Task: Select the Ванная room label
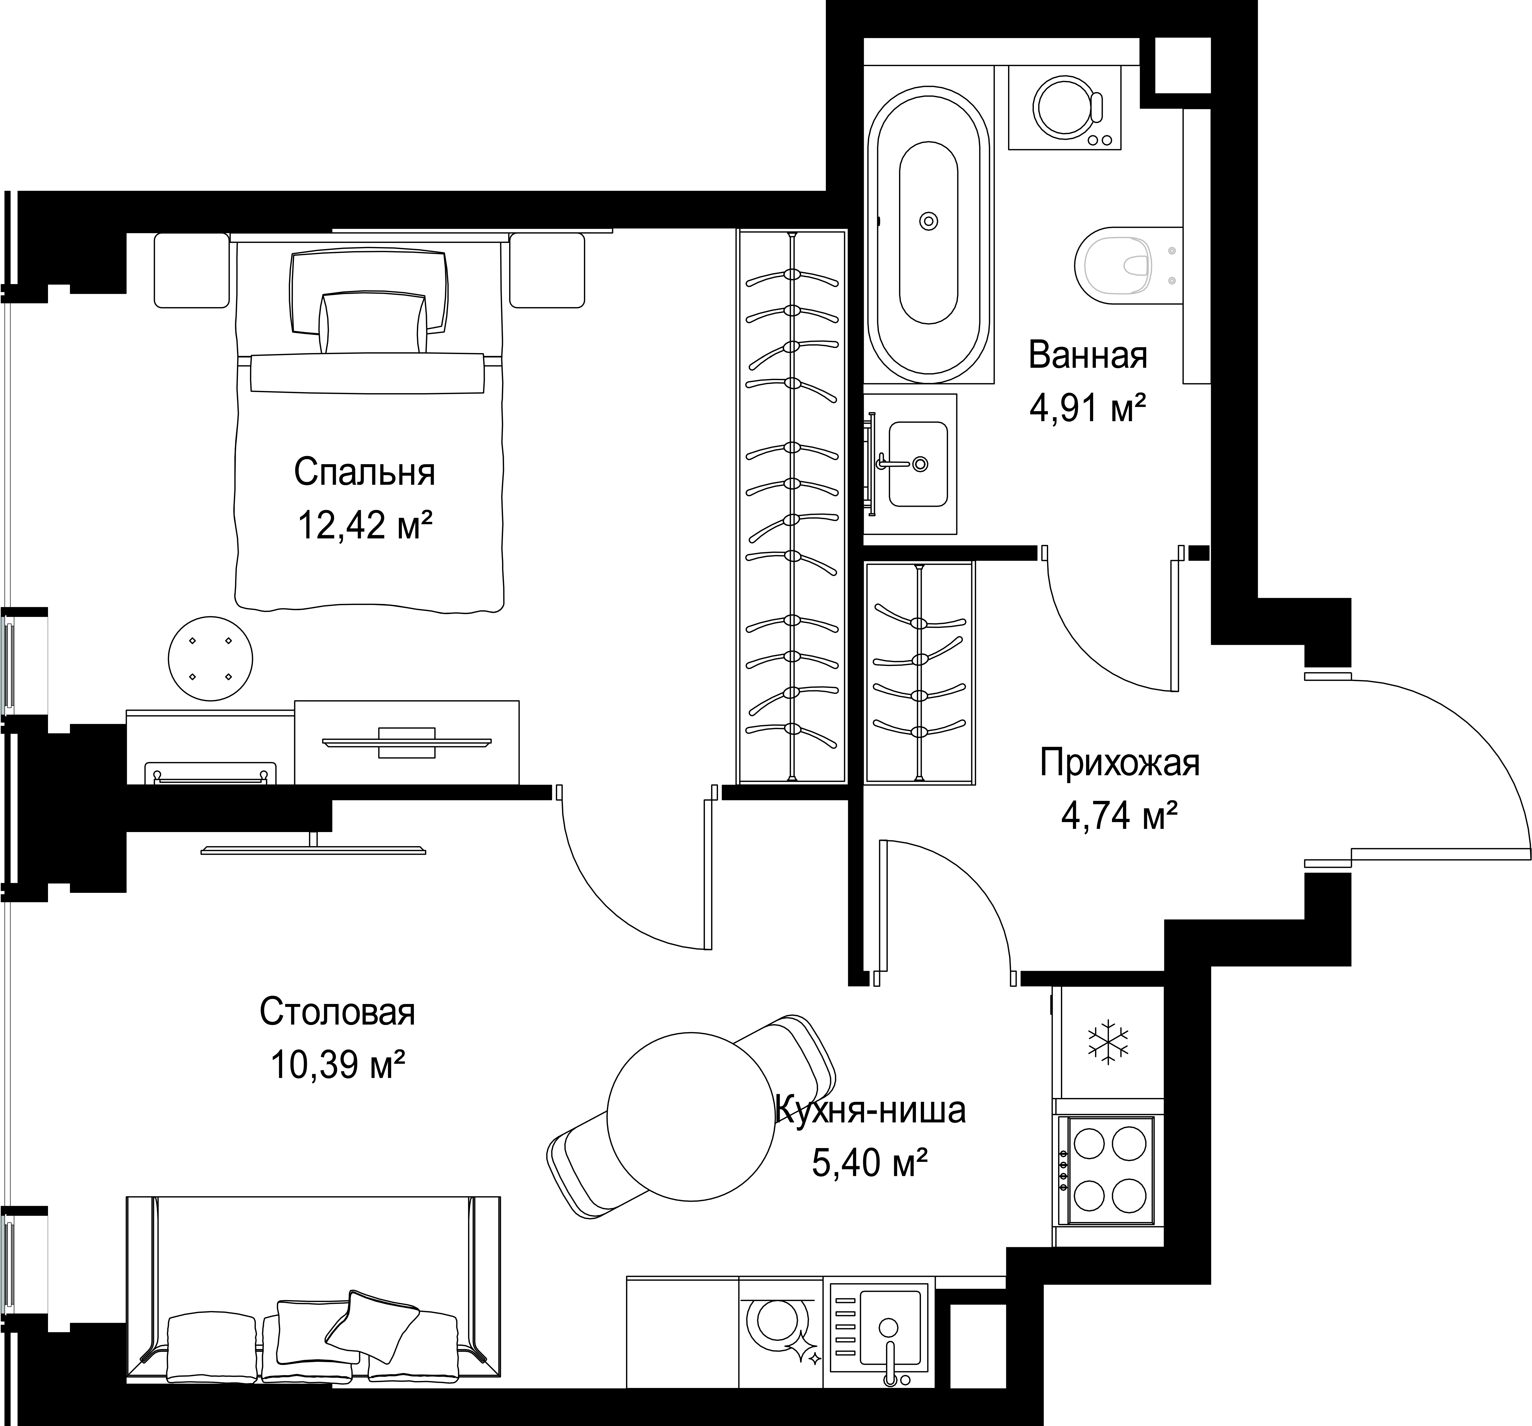[1087, 355]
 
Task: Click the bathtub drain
[929, 221]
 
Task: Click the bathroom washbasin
[917, 464]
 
